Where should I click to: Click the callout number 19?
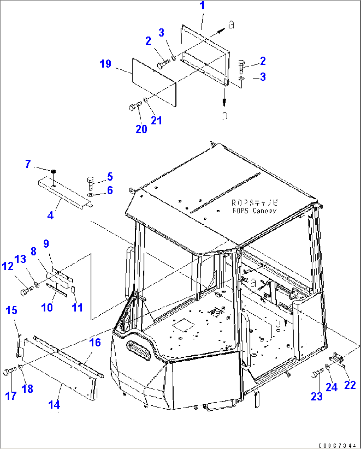[105, 64]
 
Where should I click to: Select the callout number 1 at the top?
[202, 6]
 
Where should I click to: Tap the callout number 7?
[28, 164]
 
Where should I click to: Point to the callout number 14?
[54, 404]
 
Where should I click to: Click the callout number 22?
[350, 385]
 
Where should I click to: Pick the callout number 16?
[95, 342]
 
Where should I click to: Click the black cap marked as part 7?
[53, 171]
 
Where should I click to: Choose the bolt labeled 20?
[134, 106]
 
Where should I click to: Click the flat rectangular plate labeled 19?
[154, 82]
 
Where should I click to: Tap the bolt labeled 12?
[26, 292]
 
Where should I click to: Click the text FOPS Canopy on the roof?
[254, 210]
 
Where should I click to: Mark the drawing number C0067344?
[338, 445]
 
